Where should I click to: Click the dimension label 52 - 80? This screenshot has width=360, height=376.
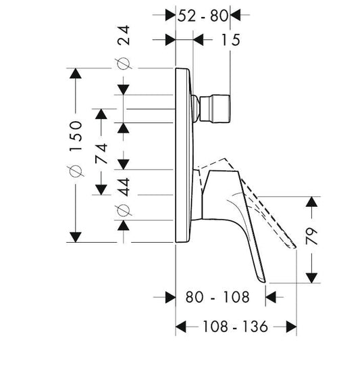click(203, 16)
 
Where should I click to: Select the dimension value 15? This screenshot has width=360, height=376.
click(230, 40)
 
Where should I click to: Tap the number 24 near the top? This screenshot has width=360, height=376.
click(124, 35)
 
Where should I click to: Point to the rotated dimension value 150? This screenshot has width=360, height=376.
click(76, 136)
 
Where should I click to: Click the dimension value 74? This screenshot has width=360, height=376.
click(101, 154)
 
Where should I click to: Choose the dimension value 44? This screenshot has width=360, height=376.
click(124, 187)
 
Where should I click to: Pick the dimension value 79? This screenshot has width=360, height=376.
click(311, 236)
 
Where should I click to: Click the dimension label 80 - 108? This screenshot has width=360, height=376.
click(217, 297)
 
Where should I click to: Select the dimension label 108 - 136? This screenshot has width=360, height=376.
click(235, 327)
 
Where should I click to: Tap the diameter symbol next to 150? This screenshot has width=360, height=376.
click(76, 171)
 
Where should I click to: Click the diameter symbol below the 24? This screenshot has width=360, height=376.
click(124, 64)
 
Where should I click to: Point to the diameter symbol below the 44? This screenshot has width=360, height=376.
click(124, 210)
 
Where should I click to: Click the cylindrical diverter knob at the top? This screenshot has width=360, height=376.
click(215, 110)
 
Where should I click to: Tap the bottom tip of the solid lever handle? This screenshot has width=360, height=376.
click(265, 282)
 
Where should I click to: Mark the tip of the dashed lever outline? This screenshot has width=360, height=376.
click(295, 247)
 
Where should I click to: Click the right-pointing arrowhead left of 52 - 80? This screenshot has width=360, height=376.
click(170, 15)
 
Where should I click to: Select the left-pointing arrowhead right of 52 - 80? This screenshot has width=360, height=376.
click(235, 15)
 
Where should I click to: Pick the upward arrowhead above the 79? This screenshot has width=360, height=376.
click(311, 202)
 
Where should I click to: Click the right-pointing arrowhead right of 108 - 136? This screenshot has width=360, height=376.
click(292, 327)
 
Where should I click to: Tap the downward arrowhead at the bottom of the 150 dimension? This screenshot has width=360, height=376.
click(76, 237)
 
